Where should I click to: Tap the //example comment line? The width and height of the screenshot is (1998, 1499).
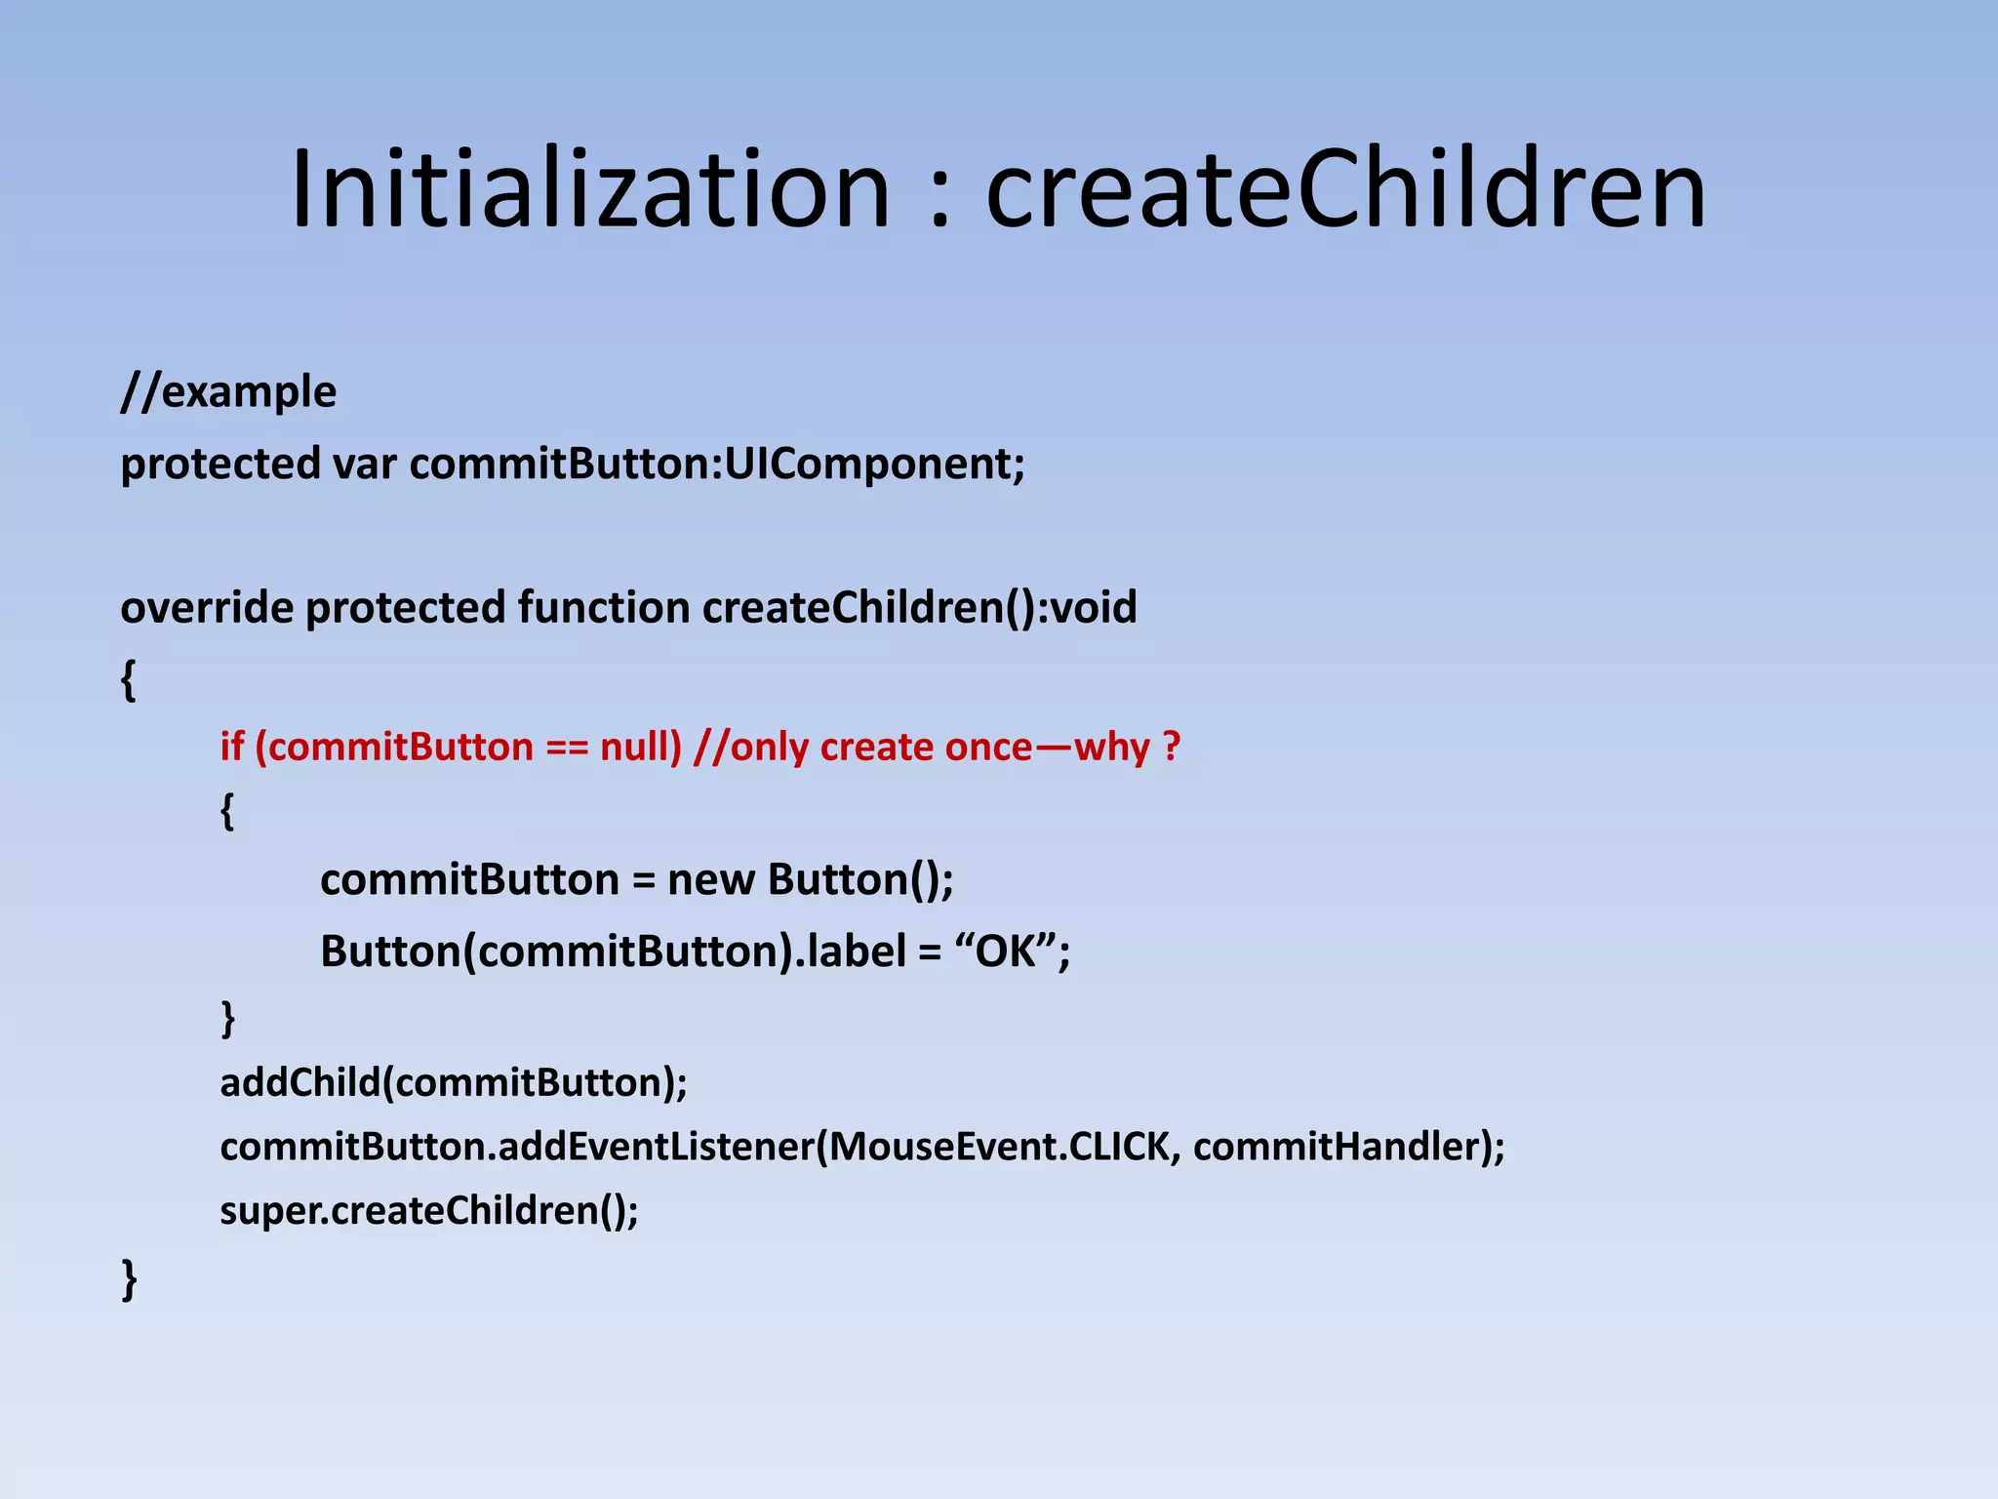click(228, 392)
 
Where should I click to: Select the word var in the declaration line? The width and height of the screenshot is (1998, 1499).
click(364, 464)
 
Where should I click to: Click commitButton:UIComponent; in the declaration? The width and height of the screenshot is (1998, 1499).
click(717, 464)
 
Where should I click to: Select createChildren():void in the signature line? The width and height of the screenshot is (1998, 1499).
click(919, 608)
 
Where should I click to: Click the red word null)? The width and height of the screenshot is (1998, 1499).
click(640, 748)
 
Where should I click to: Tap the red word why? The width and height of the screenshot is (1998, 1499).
click(1111, 748)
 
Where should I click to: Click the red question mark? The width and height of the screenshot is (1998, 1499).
click(1172, 748)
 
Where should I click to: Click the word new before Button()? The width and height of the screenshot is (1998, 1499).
click(710, 880)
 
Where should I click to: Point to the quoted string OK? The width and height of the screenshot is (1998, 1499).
click(1005, 952)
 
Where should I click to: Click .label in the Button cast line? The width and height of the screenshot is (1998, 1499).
click(850, 952)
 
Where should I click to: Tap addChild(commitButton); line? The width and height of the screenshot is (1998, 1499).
click(454, 1083)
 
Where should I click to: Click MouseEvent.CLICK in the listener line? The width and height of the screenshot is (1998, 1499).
click(999, 1147)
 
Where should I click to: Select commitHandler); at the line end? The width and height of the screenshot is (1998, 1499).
click(1348, 1147)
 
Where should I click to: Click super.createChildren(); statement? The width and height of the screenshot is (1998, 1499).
click(429, 1211)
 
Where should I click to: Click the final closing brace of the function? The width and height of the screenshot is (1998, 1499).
click(129, 1278)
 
